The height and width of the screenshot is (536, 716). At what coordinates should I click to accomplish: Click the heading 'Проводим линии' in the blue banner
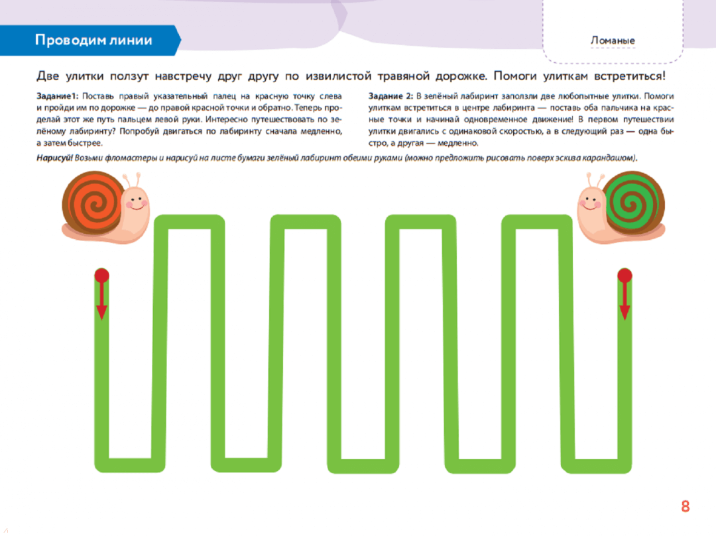[93, 40]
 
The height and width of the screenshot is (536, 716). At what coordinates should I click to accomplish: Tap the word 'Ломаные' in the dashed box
[613, 40]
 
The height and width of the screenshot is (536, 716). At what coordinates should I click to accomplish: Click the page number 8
[686, 506]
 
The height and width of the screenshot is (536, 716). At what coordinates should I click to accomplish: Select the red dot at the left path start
[101, 275]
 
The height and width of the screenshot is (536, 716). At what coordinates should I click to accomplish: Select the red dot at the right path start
[625, 275]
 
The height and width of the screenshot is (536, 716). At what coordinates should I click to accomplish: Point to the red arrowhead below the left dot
[101, 312]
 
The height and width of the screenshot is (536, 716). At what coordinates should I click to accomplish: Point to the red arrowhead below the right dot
[625, 312]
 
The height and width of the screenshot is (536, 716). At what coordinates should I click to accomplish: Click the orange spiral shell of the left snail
[94, 201]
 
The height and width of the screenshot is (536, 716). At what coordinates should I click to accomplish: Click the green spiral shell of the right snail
[633, 201]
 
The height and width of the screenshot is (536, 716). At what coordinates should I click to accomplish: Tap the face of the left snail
[136, 201]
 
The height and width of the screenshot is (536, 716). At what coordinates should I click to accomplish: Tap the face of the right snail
[591, 201]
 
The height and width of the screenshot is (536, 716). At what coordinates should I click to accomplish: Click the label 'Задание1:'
[58, 96]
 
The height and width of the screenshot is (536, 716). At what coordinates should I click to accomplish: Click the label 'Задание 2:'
[390, 96]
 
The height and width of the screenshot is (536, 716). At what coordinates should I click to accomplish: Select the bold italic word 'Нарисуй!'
[54, 158]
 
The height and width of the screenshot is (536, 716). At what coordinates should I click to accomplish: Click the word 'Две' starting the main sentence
[48, 76]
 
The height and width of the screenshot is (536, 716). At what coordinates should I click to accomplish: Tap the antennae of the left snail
[132, 180]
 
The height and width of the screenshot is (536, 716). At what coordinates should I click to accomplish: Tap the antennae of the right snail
[595, 180]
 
